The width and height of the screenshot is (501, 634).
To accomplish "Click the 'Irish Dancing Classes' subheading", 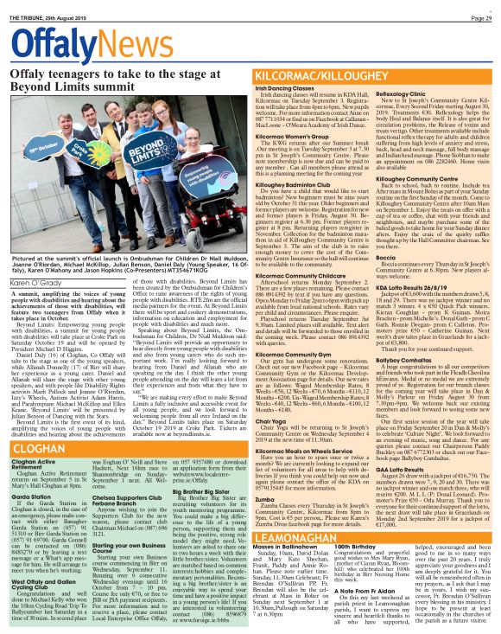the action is click(x=286, y=89).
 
